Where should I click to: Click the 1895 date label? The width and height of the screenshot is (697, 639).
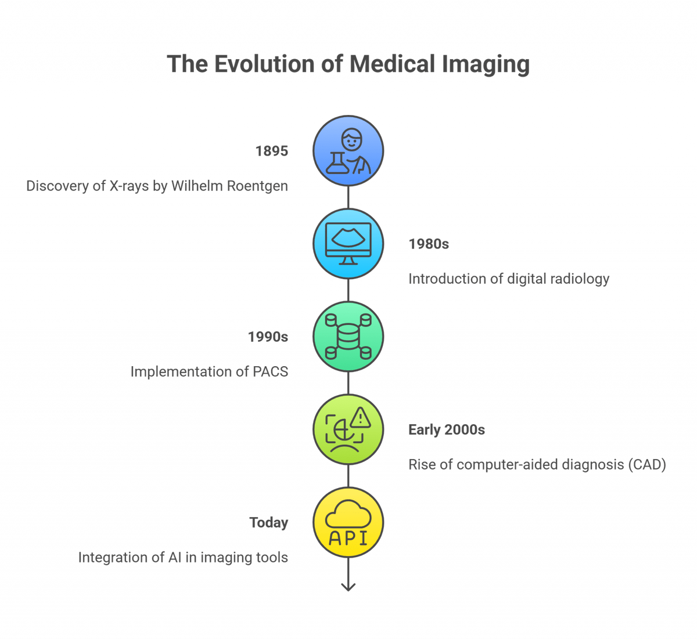coord(272,151)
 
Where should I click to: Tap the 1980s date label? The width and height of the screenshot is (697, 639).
coord(429,244)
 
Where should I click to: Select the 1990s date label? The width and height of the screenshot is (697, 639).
coord(268,337)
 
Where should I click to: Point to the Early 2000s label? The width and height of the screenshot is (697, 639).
coord(446,430)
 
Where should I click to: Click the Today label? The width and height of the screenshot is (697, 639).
coord(269,523)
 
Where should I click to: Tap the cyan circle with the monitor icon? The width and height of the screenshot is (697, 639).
coord(348,244)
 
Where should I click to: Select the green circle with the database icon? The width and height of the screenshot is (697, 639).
coord(348,337)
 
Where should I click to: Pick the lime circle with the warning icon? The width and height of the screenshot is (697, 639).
coord(348,429)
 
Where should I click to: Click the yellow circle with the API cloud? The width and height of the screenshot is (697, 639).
coord(348,522)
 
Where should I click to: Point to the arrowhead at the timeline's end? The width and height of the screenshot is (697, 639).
coord(348,587)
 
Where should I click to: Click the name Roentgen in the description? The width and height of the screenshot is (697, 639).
coord(259,187)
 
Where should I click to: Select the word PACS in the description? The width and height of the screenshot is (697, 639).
coord(271,372)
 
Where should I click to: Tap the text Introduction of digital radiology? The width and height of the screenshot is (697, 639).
coord(509,279)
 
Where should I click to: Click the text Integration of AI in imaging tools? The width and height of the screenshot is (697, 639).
coord(184,558)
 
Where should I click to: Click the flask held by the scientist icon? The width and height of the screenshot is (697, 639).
coord(335,164)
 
